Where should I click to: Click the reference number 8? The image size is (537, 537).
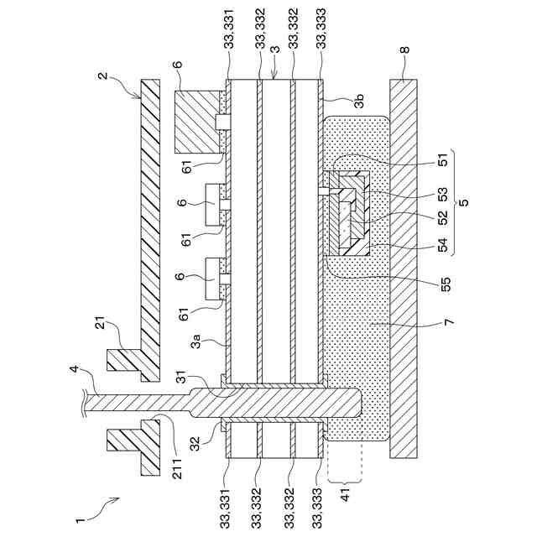pos(405,50)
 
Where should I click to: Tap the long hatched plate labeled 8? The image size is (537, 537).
pos(406,268)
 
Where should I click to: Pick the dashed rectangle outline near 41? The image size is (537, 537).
pos(346,460)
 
